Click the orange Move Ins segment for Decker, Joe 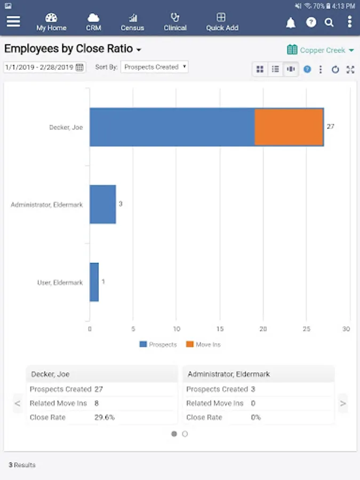pos(289,127)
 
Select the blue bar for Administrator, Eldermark pos(102,204)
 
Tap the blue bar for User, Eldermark pos(94,282)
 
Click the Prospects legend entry pos(158,345)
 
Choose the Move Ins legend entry pos(203,345)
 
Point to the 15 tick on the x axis pos(220,329)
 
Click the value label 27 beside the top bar pos(331,127)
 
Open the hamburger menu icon pos(13,21)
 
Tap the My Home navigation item pos(51,22)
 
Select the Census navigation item pos(132,22)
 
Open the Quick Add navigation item pos(222,22)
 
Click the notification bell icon pos(291,22)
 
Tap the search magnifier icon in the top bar pos(330,22)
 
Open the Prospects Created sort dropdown pos(155,67)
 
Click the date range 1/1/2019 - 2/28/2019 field pos(44,67)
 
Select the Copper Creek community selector pos(321,50)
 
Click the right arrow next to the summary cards pos(343,403)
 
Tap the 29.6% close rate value pos(105,417)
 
